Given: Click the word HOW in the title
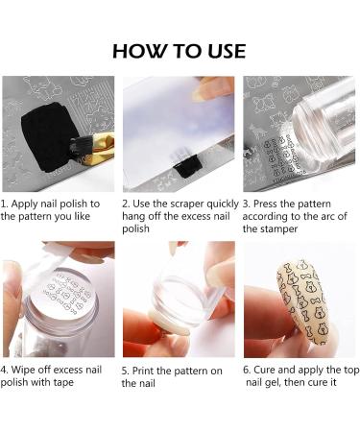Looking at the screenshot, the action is point(139,51).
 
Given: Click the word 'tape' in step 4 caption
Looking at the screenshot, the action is point(62,382).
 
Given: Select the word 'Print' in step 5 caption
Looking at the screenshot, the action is point(143,371).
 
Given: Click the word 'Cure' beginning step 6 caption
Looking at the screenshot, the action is point(264,370).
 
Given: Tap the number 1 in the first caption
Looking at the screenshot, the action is point(3,204).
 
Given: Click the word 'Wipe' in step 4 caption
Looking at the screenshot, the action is point(22,371).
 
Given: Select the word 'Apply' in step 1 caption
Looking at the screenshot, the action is point(24,204).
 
